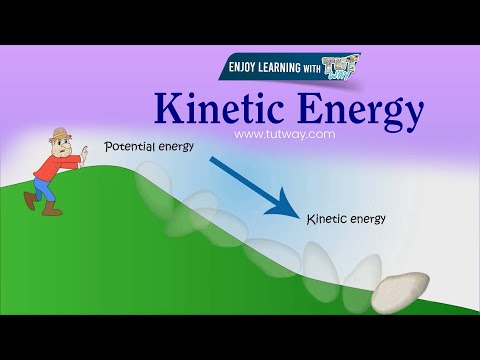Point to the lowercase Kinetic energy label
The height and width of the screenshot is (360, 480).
click(x=346, y=216)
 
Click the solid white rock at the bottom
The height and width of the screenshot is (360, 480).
click(x=399, y=291)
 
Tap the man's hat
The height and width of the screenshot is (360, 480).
click(x=63, y=134)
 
